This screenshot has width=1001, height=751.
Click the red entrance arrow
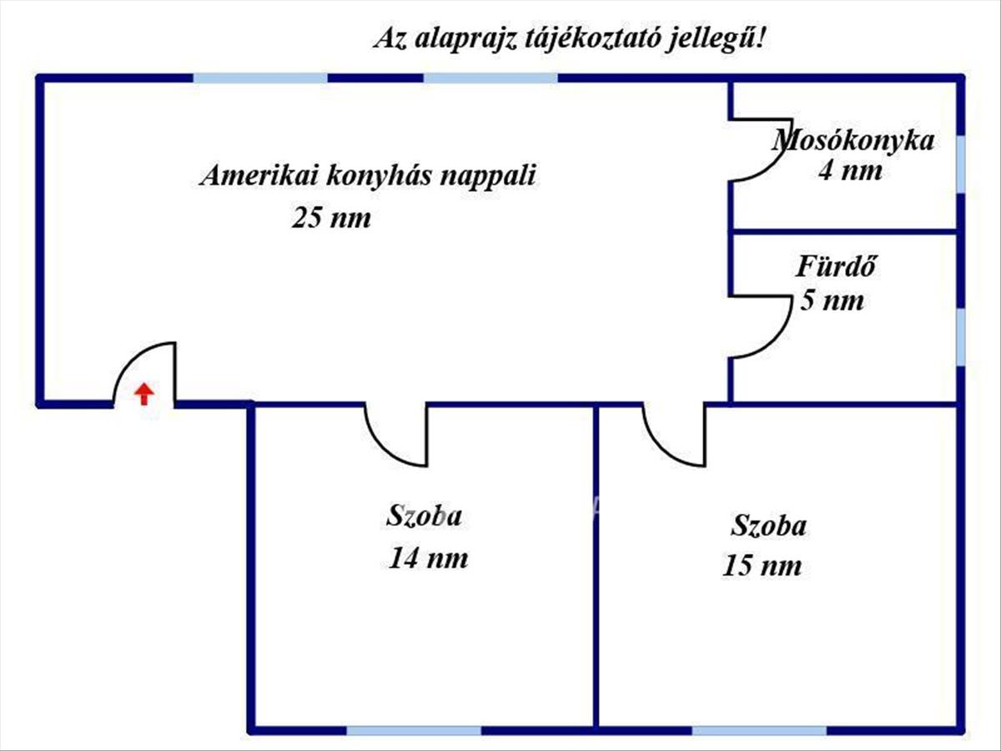[144, 393]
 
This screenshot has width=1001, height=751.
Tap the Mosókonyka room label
[853, 140]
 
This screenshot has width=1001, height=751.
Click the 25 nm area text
[330, 219]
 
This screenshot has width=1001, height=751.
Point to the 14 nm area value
[428, 557]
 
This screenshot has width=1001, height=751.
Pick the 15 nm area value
[762, 566]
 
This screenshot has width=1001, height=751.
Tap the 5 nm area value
[832, 300]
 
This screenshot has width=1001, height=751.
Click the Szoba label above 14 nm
[424, 516]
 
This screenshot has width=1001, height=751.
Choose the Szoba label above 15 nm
[768, 527]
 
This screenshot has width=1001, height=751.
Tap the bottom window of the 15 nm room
[759, 731]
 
